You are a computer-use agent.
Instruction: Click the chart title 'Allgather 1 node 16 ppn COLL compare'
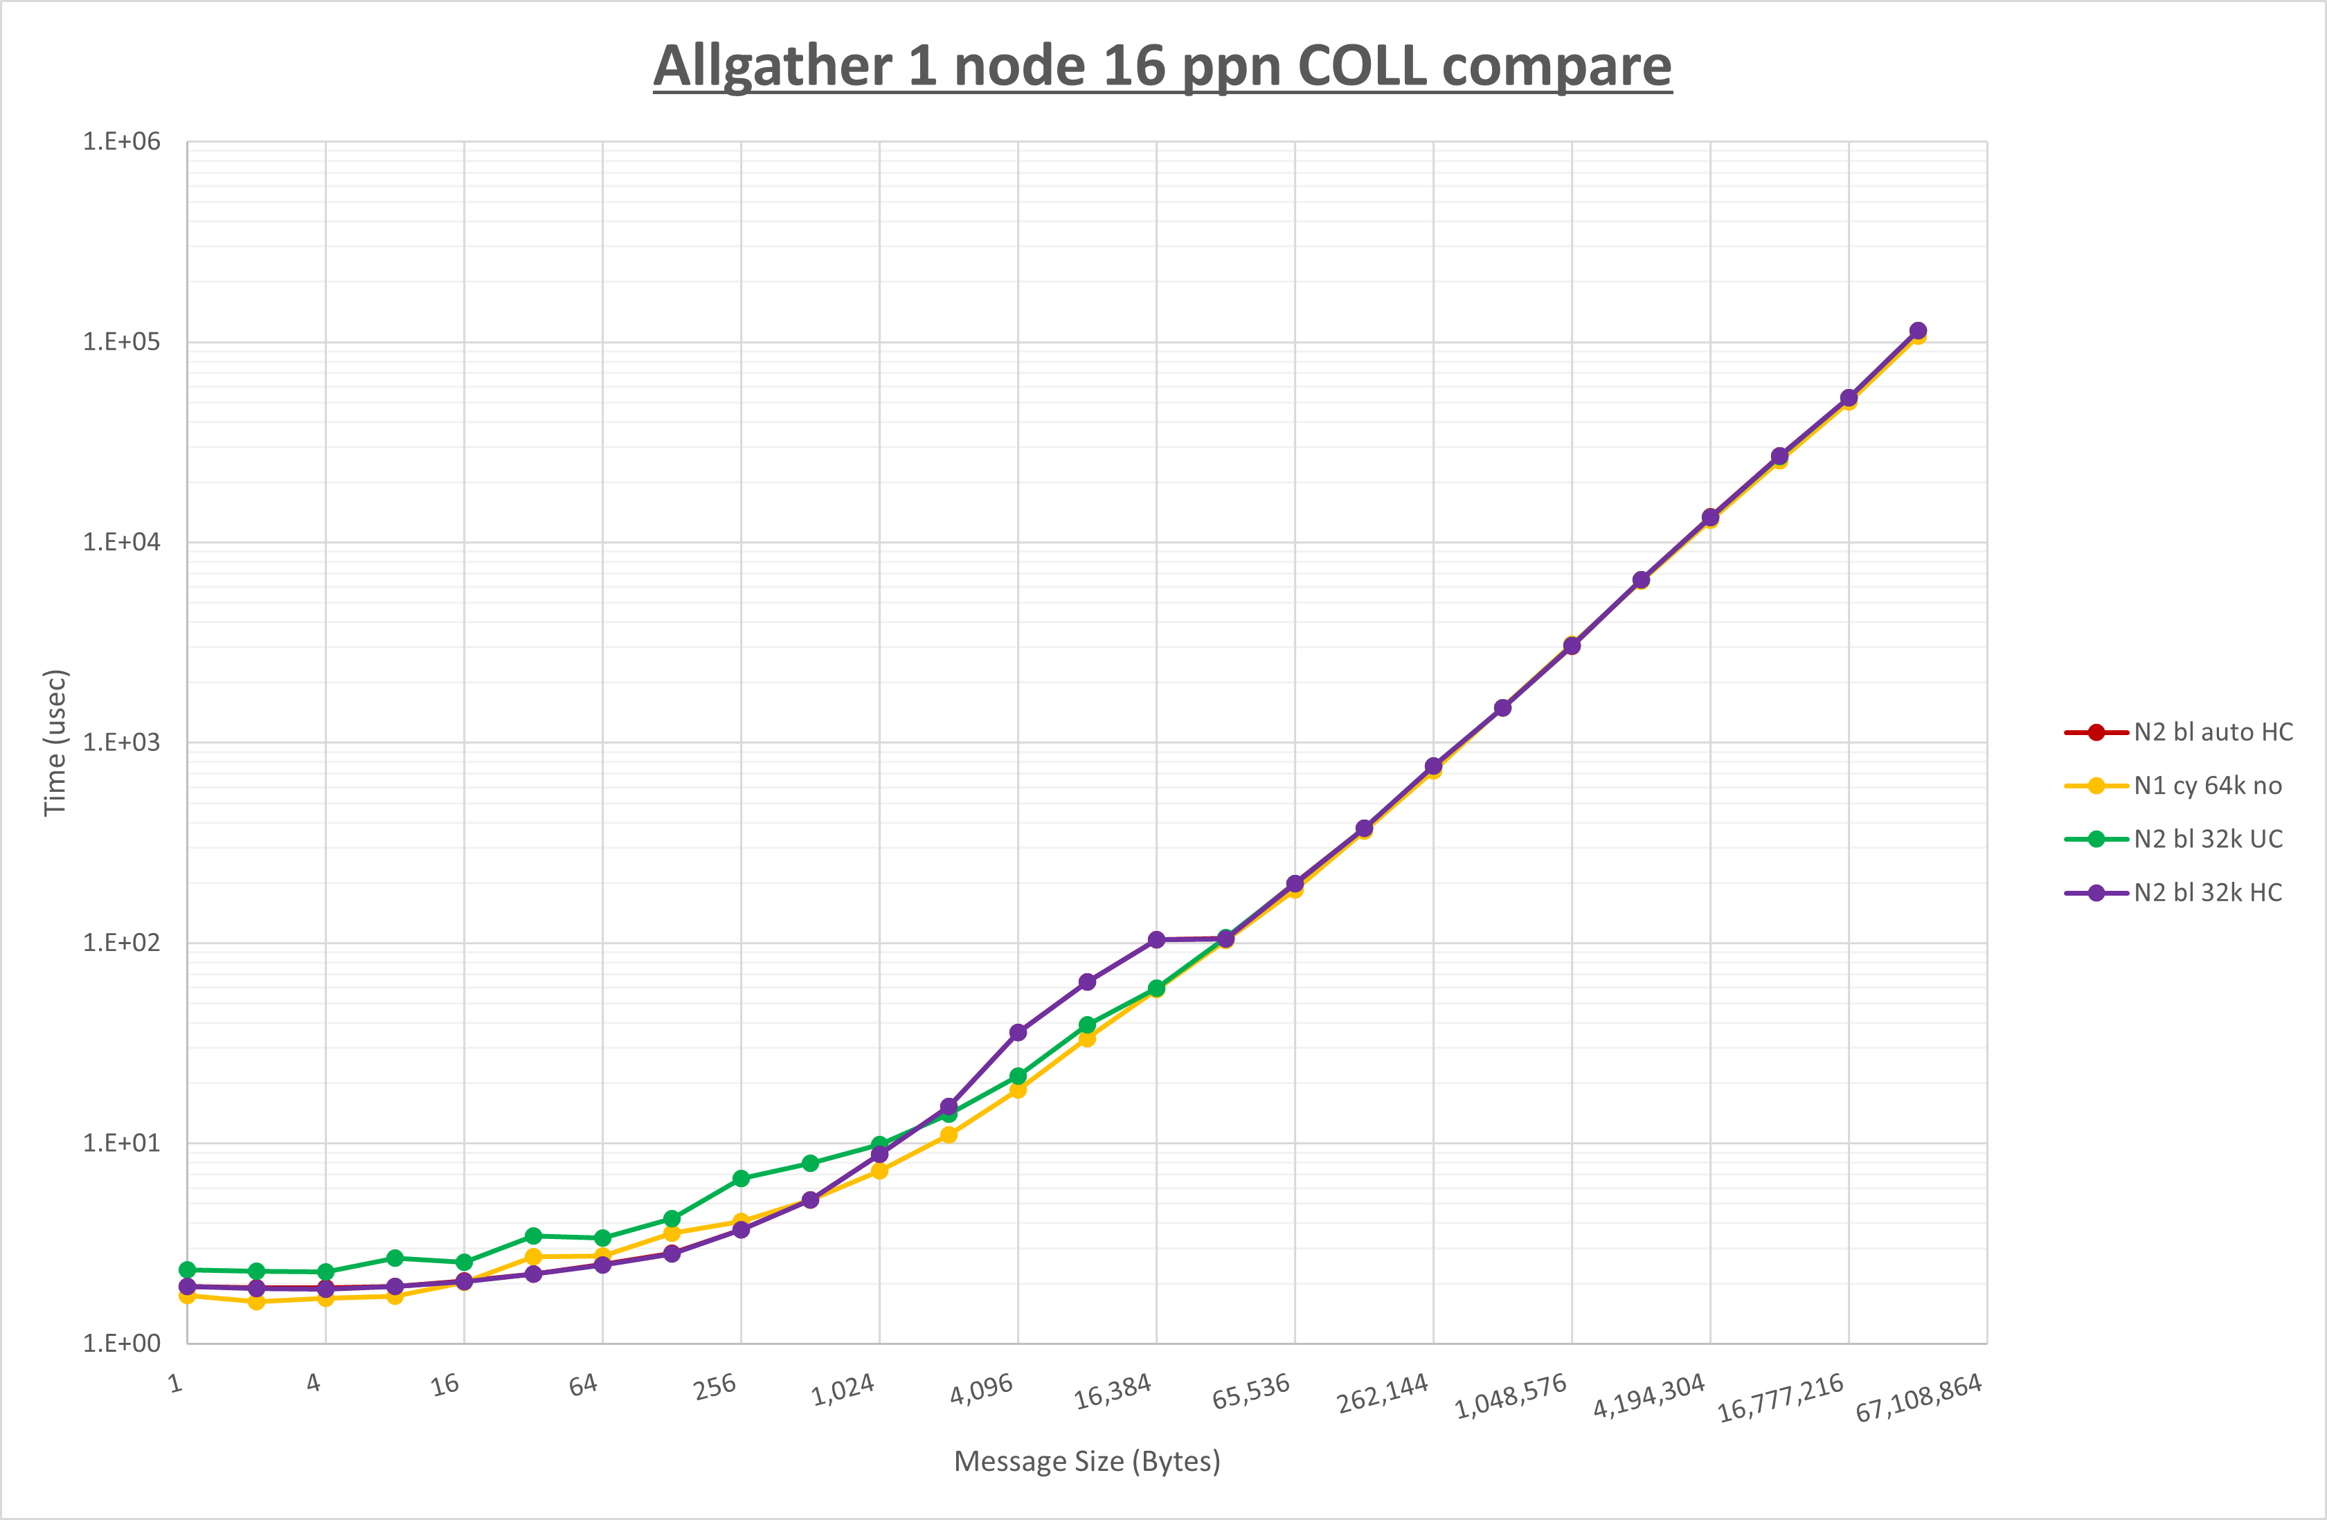click(x=1162, y=66)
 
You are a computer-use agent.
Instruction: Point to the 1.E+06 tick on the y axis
click(x=121, y=142)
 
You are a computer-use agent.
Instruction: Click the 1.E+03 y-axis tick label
click(x=121, y=742)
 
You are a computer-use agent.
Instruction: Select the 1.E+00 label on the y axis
click(x=121, y=1343)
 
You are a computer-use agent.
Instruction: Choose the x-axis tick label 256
click(x=715, y=1387)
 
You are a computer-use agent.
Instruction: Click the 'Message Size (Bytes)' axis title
click(x=1087, y=1461)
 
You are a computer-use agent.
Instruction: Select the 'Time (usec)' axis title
click(x=55, y=742)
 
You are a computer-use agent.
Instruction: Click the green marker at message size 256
click(x=741, y=1179)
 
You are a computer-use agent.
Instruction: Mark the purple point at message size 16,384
click(x=1157, y=939)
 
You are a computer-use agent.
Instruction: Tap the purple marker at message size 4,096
click(x=1018, y=1032)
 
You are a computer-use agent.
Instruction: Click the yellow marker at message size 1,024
click(x=880, y=1171)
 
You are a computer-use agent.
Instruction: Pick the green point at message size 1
click(x=188, y=1269)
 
